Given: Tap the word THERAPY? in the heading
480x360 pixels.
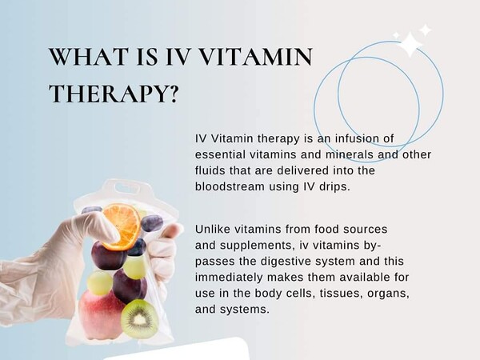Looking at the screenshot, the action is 114,93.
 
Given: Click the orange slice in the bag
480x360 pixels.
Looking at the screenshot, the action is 122,226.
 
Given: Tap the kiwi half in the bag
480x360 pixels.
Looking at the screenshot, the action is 139,319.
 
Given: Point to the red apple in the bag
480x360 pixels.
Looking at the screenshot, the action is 101,315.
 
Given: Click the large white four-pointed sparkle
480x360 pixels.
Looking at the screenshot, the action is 410,44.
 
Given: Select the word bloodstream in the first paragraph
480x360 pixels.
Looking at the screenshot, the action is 230,186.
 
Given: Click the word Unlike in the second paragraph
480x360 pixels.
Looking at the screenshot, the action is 213,229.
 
